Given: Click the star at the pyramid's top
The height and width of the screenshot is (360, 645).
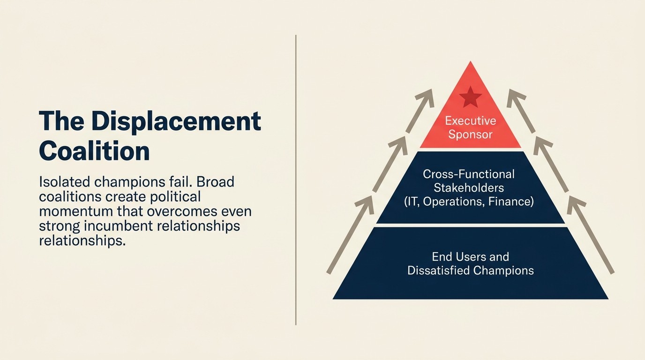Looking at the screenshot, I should [x=470, y=97].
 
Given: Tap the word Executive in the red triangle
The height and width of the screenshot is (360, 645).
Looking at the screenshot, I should [x=470, y=121].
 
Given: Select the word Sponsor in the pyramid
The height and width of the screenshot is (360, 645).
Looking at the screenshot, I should [x=470, y=135].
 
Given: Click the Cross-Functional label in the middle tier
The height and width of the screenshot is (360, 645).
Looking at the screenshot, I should [x=469, y=174].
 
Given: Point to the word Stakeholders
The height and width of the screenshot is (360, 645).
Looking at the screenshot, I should [x=469, y=188].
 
